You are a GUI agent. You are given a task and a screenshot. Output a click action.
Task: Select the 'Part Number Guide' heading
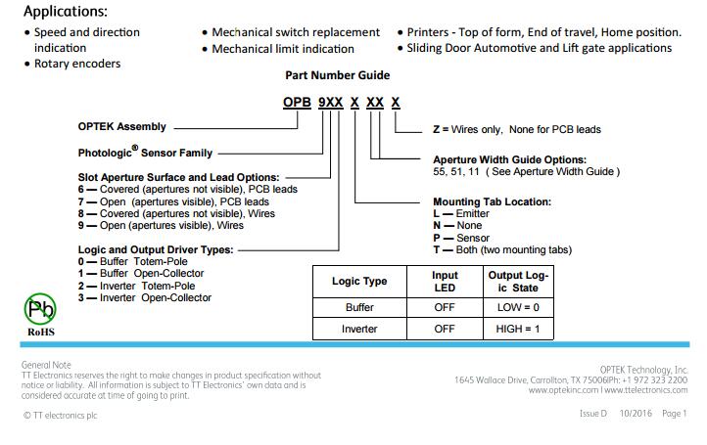pos(337,75)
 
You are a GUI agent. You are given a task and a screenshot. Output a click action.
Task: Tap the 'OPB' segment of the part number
pos(297,103)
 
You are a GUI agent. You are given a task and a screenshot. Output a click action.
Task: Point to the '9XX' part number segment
pos(331,103)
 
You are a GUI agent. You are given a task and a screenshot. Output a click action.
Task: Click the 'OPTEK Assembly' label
pos(121,126)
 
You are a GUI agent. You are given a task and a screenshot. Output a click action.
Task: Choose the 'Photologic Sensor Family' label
pos(145,152)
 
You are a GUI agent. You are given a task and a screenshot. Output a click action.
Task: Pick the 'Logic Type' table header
pos(359,281)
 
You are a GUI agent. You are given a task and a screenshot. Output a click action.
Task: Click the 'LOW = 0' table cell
pos(518,307)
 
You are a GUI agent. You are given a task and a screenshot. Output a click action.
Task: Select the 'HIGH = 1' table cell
pos(518,329)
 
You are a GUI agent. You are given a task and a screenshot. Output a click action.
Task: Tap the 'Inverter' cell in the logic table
pos(359,329)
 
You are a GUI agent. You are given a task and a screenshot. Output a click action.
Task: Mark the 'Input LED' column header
pos(445,282)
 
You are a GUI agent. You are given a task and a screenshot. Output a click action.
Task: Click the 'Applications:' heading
pos(66,12)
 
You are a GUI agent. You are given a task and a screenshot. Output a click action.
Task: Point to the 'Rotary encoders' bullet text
pos(77,64)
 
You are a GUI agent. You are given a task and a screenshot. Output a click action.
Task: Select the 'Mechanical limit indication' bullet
pos(283,49)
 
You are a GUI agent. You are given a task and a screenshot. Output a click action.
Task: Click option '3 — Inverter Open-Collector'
pos(144,297)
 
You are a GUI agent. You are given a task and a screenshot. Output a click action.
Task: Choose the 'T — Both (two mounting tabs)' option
pos(502,250)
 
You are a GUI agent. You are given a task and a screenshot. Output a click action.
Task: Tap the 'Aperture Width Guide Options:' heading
pos(509,159)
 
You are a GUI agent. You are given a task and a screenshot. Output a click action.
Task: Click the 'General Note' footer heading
pos(46,365)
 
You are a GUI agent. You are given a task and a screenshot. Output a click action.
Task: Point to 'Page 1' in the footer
pos(674,413)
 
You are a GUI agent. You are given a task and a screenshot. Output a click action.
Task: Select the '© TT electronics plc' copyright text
pos(61,416)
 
